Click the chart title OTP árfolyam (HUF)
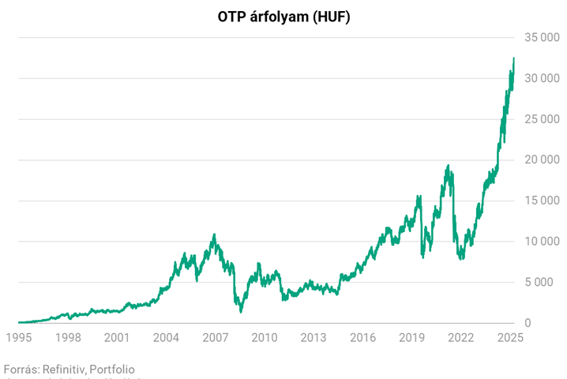[x=283, y=17]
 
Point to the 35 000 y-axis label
[x=541, y=37]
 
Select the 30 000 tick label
[x=541, y=78]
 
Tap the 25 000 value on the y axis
[x=541, y=119]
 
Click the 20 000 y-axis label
[x=541, y=159]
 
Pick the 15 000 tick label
[x=541, y=201]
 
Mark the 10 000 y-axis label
[x=541, y=242]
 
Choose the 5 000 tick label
[x=544, y=282]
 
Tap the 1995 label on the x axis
[x=19, y=338]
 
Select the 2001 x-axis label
[x=117, y=338]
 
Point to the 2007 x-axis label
[x=216, y=338]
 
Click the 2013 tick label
[x=314, y=338]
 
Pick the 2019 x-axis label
[x=412, y=338]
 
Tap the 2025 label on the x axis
[x=510, y=338]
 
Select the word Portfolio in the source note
[x=112, y=369]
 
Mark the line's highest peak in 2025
[x=513, y=58]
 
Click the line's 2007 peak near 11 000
[x=214, y=235]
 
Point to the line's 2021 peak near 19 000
[x=449, y=166]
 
